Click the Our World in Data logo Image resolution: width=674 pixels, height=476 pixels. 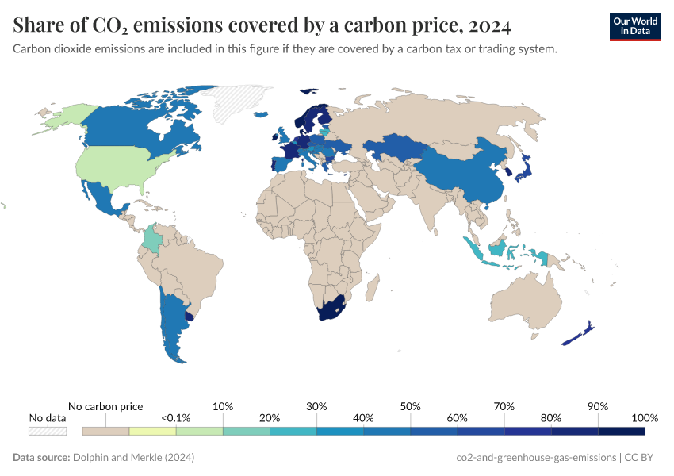634,26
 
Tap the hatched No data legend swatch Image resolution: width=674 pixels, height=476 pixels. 48,431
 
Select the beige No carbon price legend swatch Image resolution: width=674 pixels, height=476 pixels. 105,431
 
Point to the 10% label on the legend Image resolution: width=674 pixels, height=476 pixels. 223,406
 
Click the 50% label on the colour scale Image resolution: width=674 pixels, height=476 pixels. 410,406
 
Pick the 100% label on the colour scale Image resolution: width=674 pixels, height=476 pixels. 645,418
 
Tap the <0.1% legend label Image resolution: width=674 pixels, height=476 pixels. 176,418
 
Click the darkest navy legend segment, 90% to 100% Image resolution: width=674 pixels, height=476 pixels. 621,431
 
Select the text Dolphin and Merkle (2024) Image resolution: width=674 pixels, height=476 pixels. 133,458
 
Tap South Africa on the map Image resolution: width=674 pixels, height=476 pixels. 329,310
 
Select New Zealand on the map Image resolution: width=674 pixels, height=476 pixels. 577,334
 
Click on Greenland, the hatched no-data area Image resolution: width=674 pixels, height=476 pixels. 234,103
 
